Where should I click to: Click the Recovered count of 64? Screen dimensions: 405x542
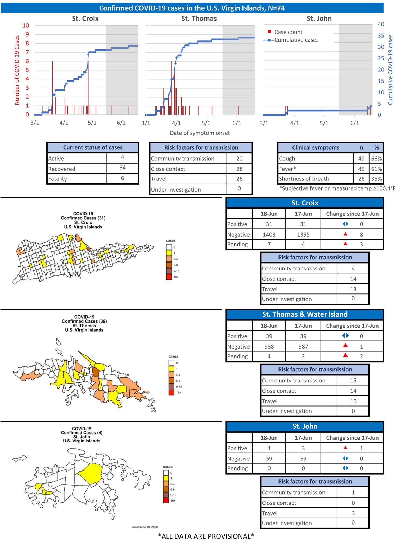(122, 168)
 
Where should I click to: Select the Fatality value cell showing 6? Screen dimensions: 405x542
(122, 178)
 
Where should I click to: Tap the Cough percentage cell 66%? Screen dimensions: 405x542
(376, 159)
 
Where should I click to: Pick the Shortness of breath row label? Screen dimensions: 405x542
(304, 179)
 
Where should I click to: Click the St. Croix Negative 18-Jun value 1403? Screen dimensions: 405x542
(269, 234)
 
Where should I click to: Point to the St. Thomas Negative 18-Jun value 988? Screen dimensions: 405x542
(269, 346)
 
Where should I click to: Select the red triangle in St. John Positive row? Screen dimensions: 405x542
(345, 448)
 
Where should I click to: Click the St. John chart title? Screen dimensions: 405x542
(319, 19)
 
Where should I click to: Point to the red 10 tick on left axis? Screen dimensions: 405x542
(26, 26)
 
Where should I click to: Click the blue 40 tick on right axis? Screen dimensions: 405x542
(381, 24)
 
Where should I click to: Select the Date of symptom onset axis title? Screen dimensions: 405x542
(200, 133)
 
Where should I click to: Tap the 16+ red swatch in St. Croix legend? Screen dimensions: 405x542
(169, 277)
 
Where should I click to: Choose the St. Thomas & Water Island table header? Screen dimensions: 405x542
(305, 314)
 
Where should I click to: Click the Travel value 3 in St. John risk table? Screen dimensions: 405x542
(353, 513)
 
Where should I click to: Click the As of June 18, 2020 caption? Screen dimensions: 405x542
(145, 527)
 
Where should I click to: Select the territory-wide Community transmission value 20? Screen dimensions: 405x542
(239, 159)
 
